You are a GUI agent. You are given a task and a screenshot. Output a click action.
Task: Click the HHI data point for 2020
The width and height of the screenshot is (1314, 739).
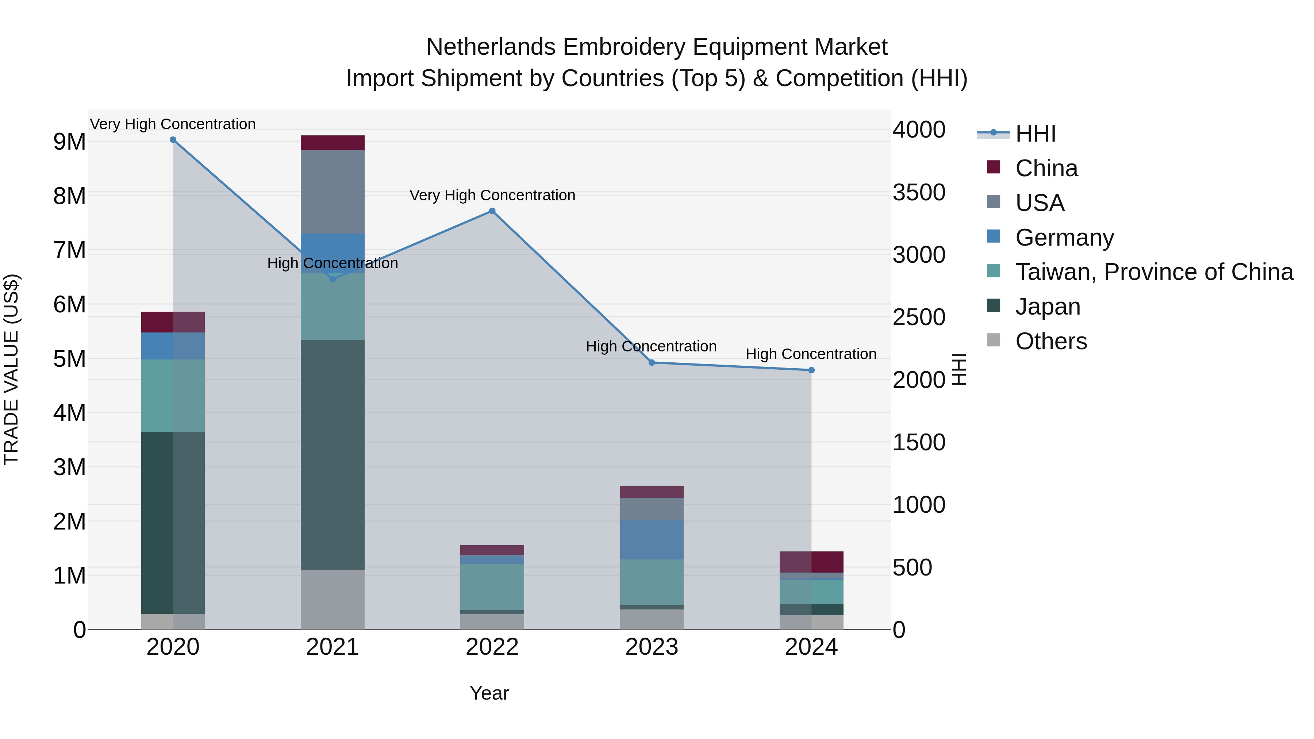173,140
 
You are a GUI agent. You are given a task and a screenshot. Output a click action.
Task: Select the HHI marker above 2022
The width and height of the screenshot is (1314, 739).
492,211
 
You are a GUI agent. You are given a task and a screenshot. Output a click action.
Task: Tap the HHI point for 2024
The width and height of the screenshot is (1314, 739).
811,370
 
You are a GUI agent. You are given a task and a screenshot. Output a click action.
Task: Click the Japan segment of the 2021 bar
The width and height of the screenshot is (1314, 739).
333,454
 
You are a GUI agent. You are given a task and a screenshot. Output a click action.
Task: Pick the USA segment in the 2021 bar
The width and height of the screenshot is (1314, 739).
333,191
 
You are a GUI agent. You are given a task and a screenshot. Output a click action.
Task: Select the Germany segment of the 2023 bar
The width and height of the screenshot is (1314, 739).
652,540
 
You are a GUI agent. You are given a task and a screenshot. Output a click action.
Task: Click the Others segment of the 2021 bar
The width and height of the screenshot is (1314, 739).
333,599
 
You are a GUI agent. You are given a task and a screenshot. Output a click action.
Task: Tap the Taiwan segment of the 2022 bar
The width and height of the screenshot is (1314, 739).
492,586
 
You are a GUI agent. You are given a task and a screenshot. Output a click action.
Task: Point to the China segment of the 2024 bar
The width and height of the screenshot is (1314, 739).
811,562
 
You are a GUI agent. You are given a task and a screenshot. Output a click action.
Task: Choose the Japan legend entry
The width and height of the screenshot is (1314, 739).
1047,307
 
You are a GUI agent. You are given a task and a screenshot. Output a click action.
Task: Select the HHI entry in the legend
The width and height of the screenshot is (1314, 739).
1035,134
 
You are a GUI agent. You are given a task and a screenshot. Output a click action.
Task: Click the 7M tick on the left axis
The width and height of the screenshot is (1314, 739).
69,250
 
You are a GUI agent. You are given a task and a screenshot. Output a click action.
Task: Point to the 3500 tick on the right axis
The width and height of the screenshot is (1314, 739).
919,193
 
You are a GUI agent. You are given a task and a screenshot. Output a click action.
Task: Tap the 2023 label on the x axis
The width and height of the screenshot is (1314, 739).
652,647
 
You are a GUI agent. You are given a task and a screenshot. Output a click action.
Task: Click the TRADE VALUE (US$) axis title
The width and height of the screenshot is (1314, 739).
11,369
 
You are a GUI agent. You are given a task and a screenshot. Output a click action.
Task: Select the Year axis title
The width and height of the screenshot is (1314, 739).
489,693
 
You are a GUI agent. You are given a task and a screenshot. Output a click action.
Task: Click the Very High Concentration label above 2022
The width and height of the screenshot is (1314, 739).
492,195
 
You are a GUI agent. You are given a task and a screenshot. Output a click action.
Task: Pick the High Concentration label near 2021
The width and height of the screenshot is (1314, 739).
333,263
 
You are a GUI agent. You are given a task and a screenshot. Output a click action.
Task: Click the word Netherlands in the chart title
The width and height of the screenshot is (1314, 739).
490,47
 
